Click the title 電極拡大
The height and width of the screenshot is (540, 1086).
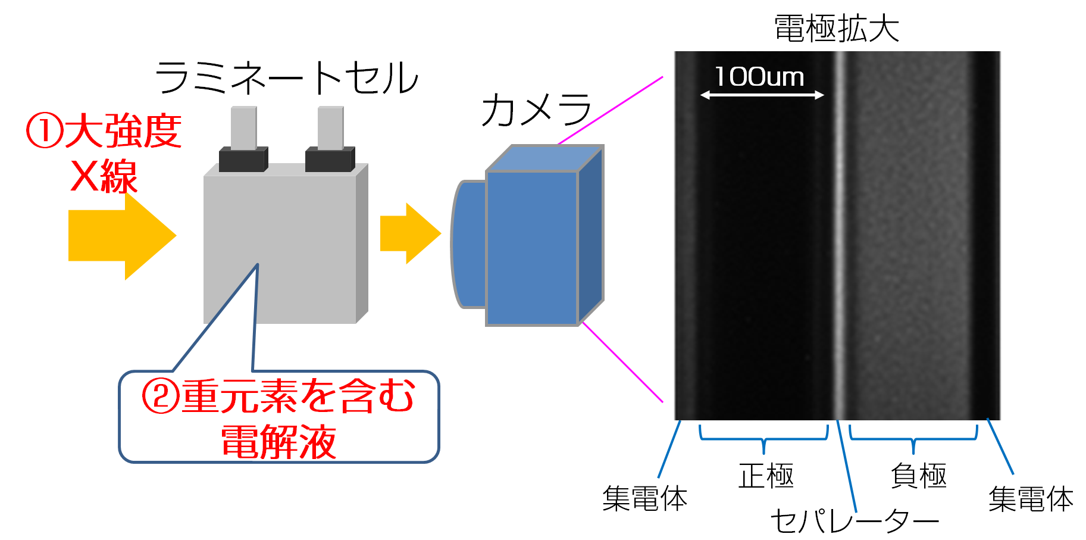(836, 29)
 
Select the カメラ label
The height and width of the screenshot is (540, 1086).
(536, 111)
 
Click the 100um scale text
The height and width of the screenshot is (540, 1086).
(759, 77)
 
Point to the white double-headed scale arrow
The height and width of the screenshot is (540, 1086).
(762, 95)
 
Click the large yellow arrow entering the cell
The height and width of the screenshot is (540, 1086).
(122, 236)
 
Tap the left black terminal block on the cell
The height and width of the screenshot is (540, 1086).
(243, 160)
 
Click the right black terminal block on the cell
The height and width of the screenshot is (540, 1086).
(330, 160)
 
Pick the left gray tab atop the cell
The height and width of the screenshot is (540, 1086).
(244, 127)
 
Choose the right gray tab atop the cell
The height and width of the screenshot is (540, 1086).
(330, 127)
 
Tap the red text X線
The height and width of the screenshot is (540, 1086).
(104, 177)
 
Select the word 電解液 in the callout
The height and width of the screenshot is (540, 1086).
(278, 442)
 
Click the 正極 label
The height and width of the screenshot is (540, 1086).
(766, 476)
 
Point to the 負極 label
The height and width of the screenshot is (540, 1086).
(918, 476)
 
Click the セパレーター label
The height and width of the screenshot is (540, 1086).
(854, 522)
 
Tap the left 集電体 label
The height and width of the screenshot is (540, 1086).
(644, 498)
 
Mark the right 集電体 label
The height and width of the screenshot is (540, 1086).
(1031, 499)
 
